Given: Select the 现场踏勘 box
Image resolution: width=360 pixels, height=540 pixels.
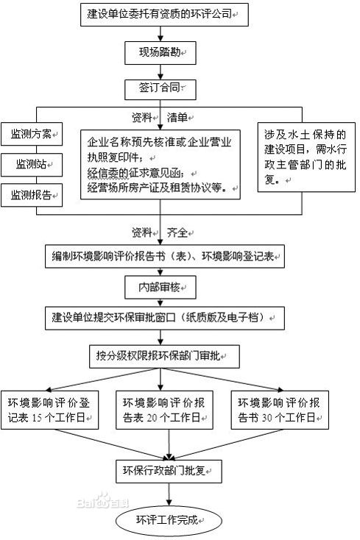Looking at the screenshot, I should point(161,52).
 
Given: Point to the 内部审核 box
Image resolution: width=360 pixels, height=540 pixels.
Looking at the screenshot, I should point(160,286).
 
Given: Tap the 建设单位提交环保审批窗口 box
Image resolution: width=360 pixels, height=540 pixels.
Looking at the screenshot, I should point(162,318).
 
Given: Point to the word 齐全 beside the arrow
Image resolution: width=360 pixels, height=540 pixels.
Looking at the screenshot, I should point(178,232).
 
